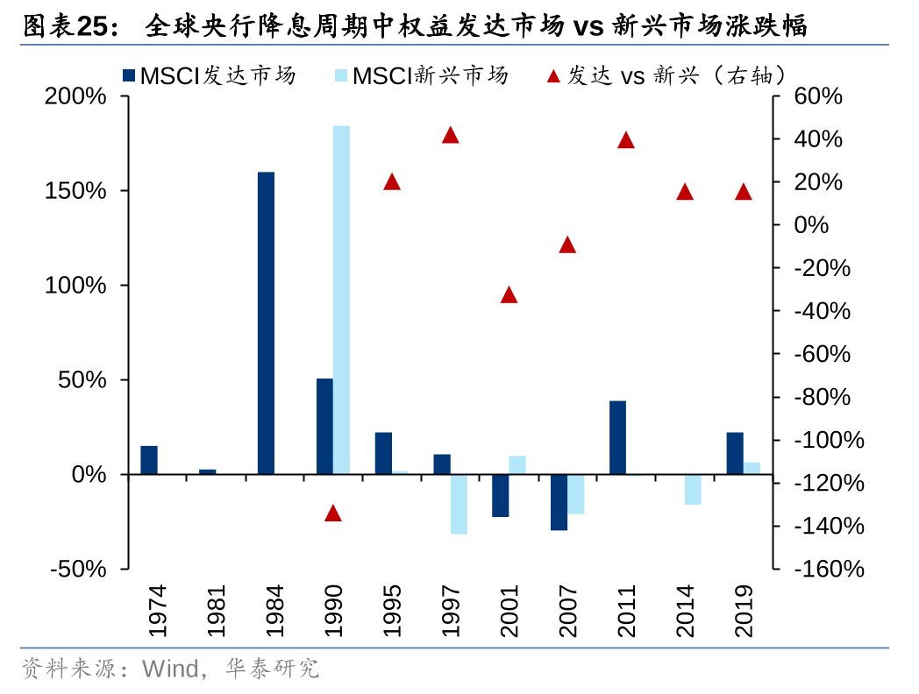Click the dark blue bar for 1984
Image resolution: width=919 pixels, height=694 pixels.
pos(266,322)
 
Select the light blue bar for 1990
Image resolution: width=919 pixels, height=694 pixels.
pos(341,300)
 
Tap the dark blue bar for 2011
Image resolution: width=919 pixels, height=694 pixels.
pos(617,437)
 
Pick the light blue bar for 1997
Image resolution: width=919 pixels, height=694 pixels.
pos(459,504)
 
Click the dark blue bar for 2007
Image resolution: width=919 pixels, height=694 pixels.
pos(559,502)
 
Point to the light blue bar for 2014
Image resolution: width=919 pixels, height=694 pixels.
pos(693,489)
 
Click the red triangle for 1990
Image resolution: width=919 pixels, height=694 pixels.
pos(332,513)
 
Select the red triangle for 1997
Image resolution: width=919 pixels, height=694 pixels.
pos(450,135)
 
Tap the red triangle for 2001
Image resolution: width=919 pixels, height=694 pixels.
pos(509,295)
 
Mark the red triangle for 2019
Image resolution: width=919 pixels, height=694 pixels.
pos(743,192)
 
